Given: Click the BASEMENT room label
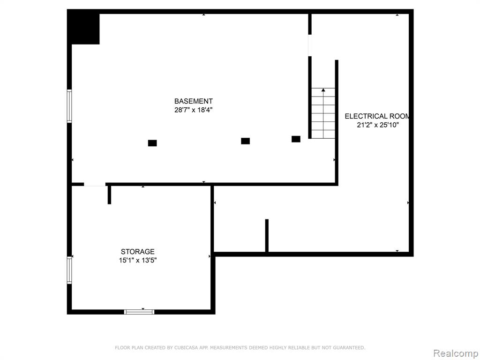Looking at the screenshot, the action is (194, 101).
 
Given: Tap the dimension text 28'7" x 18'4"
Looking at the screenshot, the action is (194, 110).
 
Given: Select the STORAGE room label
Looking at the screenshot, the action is (138, 252).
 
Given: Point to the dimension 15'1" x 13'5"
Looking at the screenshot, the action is (138, 261).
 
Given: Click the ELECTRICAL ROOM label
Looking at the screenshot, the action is (377, 116).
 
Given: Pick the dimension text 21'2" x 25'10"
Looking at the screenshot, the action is (378, 125).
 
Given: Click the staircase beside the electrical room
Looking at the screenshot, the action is (323, 113).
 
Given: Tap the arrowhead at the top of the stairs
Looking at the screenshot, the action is (323, 90).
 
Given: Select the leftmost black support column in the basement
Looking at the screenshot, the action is (152, 143).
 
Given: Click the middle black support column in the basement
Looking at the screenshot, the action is (246, 141).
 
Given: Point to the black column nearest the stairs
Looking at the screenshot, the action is (296, 139).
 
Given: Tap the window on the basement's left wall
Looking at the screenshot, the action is (69, 106).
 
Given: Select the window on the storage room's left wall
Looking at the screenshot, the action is (69, 270).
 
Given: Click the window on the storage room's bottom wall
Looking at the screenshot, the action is (139, 312).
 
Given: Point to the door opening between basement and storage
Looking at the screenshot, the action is (95, 184).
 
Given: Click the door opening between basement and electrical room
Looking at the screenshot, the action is (310, 45).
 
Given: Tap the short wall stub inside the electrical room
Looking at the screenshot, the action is (267, 236).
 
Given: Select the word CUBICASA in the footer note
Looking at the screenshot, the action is (186, 348).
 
